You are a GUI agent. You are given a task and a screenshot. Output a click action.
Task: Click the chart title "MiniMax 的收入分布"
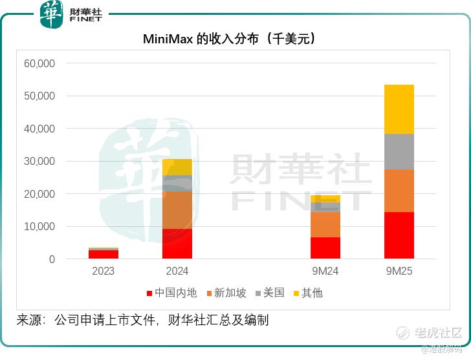(229, 39)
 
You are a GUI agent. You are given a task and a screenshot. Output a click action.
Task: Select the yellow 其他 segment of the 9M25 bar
(399, 109)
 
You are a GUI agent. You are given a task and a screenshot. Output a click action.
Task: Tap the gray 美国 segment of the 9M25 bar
(399, 152)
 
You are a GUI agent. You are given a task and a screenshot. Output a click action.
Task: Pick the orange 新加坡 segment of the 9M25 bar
(399, 191)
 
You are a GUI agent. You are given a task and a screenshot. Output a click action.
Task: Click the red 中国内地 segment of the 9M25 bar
(399, 235)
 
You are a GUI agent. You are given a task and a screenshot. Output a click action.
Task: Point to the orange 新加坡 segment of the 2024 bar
(177, 210)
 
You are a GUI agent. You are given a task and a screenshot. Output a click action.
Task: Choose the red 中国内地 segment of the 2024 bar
(177, 244)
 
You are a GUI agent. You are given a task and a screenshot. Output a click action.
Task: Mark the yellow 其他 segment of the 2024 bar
(177, 167)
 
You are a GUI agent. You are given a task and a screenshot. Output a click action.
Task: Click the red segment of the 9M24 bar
(325, 248)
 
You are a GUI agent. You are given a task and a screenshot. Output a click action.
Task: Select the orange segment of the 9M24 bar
(325, 224)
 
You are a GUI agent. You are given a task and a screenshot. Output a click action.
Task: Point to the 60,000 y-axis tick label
(39, 63)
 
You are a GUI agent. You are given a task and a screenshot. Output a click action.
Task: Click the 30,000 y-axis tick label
(39, 161)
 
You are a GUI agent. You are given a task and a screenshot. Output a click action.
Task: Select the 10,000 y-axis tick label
(39, 226)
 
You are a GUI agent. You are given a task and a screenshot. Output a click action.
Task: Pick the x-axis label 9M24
(325, 271)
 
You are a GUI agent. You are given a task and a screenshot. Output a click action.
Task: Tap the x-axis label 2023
(104, 271)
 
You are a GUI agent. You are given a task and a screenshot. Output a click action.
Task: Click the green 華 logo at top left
(52, 14)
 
